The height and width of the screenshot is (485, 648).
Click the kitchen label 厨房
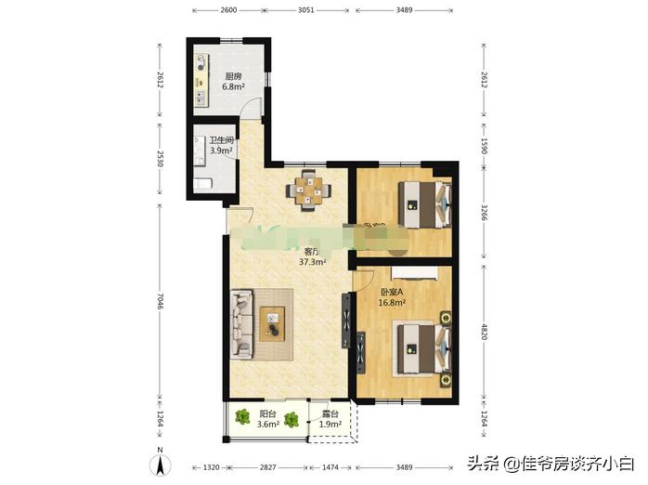[x=233, y=76]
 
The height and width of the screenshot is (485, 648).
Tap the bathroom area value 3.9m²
[x=220, y=151]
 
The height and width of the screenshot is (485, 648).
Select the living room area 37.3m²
[x=312, y=262]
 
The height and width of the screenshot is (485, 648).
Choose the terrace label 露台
[x=330, y=414]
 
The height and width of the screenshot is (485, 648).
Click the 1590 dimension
[x=486, y=147]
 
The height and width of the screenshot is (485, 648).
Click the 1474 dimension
[x=330, y=468]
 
